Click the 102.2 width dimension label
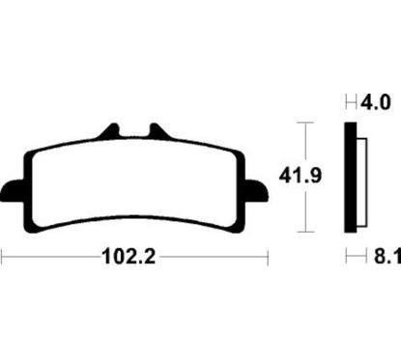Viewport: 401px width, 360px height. (x=129, y=257)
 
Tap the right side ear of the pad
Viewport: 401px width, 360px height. (x=256, y=189)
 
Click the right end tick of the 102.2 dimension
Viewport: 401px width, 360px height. (x=266, y=257)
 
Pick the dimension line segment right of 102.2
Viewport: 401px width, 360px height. (x=213, y=257)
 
